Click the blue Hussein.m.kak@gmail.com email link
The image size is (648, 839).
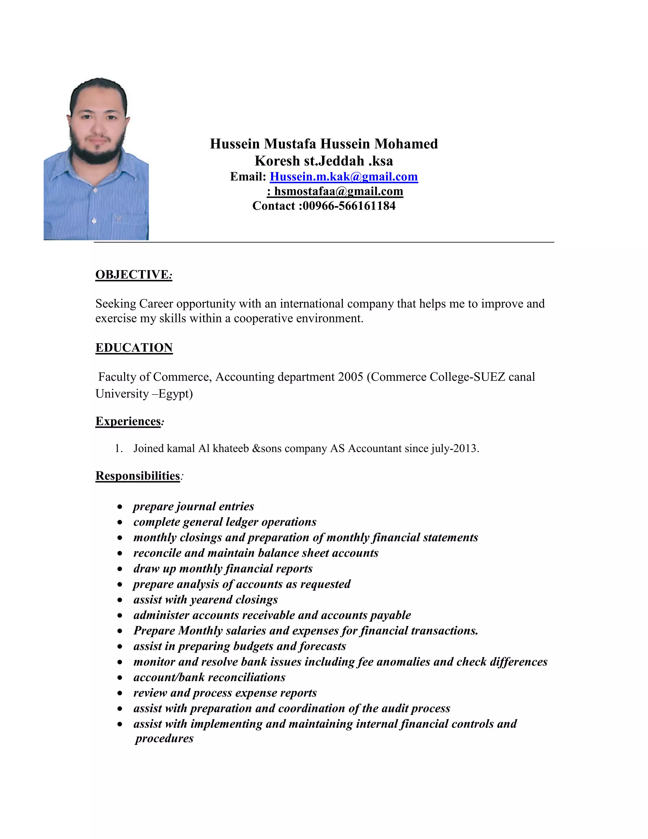click(344, 177)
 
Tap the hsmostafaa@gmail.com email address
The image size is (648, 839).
click(338, 191)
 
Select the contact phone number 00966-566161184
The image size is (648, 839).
click(349, 206)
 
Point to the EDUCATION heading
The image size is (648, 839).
click(134, 348)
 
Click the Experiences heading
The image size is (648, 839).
click(128, 421)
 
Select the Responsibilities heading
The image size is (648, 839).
click(137, 476)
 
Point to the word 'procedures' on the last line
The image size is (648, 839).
click(164, 738)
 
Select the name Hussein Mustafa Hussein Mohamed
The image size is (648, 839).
click(324, 144)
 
